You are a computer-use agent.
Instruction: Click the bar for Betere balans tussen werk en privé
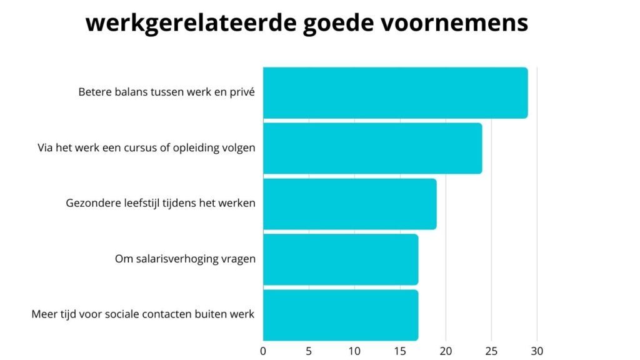395,92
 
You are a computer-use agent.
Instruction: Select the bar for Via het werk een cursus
372,148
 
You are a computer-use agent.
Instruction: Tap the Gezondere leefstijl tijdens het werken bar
349,204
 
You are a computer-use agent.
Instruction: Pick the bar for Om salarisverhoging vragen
341,259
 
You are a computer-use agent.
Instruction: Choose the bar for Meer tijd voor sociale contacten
341,314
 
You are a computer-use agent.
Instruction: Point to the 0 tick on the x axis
263,350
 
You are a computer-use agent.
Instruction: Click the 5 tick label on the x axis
309,350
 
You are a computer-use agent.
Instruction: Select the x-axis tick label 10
354,350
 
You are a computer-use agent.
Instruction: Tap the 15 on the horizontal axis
400,350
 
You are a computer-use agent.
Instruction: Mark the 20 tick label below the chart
446,350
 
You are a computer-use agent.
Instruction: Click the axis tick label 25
491,350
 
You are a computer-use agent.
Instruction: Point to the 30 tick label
537,350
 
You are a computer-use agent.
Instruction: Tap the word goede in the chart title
345,23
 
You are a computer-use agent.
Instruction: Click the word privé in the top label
243,92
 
